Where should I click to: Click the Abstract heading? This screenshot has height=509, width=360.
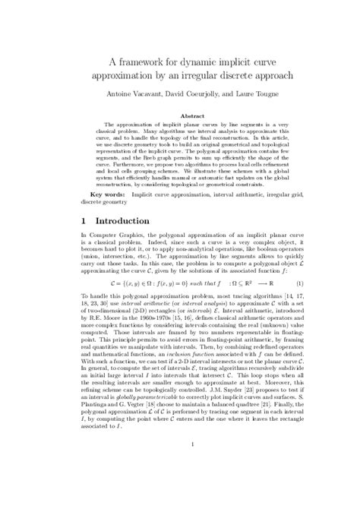(x=180, y=118)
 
